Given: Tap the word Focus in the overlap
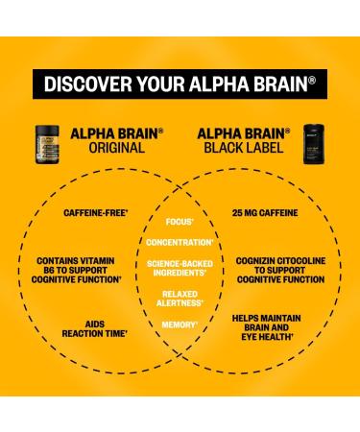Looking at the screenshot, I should [x=180, y=222].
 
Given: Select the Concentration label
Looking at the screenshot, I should [x=180, y=243].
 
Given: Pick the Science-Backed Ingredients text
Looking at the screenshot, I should [x=180, y=268].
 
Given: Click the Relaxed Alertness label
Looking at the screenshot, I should [x=180, y=299].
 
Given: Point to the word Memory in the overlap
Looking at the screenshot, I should [x=180, y=325].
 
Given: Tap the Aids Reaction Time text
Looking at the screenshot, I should [x=80, y=330].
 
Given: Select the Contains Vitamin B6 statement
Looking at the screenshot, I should [x=80, y=270].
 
